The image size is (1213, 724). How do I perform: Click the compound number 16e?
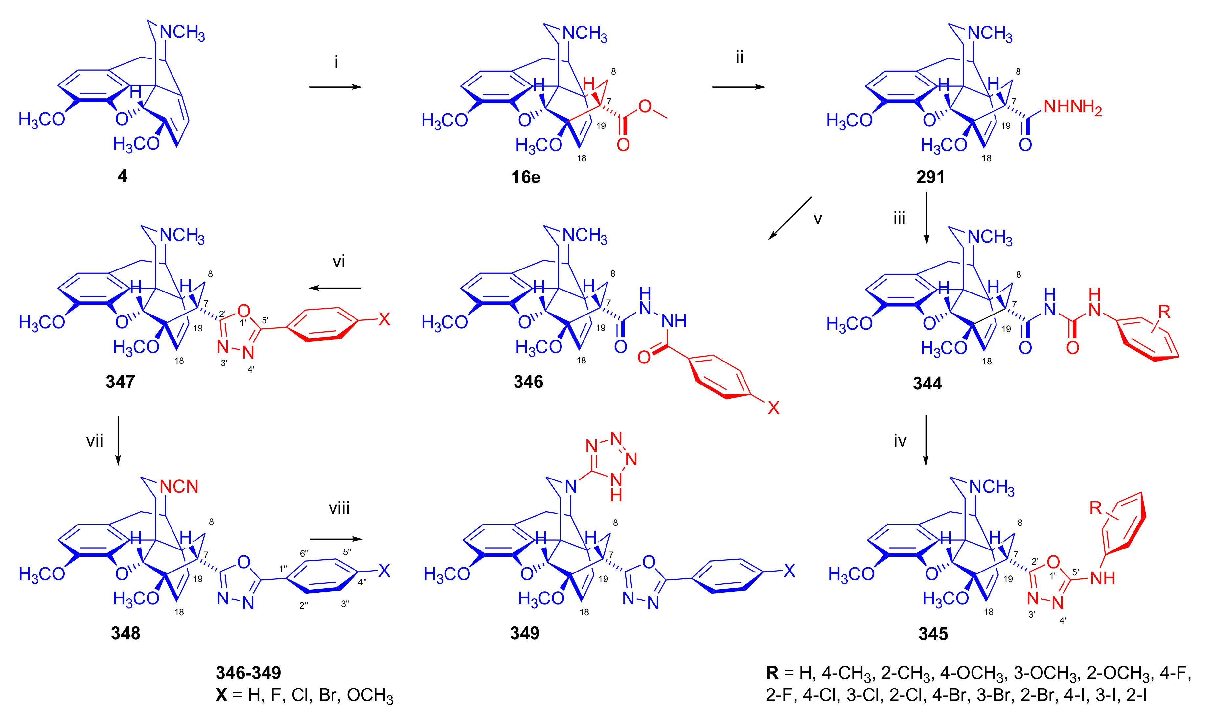coord(526,176)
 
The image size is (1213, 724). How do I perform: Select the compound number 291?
coord(930,176)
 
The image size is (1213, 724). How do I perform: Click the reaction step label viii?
coord(339,508)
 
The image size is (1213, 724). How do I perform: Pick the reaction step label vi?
coord(338,262)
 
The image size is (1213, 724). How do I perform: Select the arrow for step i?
coord(335,87)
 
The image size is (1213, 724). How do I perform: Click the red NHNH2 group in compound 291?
coord(1072,107)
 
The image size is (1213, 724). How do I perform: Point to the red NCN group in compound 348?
coord(179,486)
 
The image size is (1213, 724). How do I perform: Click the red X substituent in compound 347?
coord(385,319)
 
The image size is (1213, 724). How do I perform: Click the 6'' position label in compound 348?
coord(304,553)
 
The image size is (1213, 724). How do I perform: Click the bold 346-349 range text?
coord(248,673)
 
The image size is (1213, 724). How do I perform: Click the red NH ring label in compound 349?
coord(616,488)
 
